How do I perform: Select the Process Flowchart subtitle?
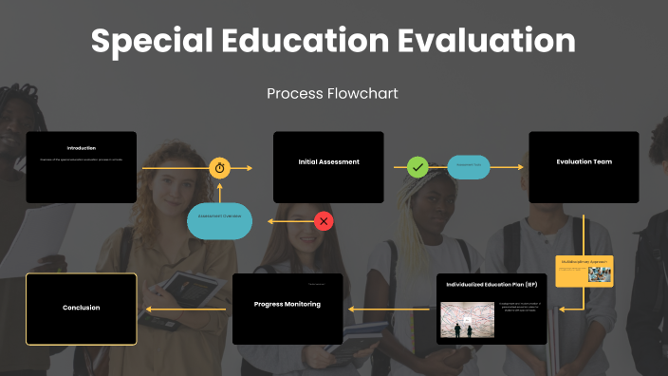(332, 93)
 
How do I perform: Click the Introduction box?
(81, 167)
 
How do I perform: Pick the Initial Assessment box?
(328, 167)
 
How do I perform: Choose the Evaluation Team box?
(584, 167)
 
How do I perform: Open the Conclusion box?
(81, 308)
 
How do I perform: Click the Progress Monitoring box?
(288, 308)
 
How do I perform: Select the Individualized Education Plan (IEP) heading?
(492, 284)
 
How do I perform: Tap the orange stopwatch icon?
(220, 168)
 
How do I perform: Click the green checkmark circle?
(417, 167)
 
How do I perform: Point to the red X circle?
(324, 221)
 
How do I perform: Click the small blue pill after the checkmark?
(468, 167)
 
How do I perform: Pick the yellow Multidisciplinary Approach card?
(584, 271)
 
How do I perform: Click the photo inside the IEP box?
(467, 320)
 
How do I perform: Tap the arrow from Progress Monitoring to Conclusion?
(185, 309)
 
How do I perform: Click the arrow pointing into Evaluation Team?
(509, 167)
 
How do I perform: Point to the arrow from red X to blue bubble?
(288, 221)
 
